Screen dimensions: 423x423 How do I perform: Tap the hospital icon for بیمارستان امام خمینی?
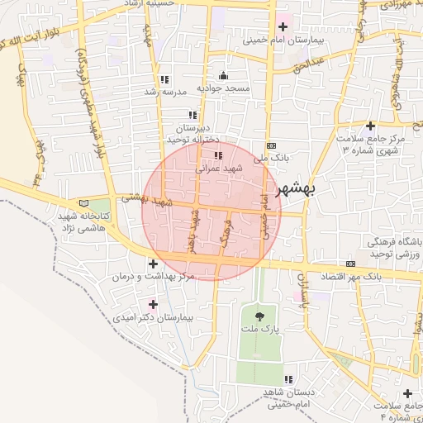tap(283, 26)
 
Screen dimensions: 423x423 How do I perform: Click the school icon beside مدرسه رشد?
tap(164, 79)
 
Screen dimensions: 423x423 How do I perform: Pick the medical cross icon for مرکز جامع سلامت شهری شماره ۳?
tap(370, 126)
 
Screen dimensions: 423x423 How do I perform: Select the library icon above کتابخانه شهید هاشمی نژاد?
tap(81, 203)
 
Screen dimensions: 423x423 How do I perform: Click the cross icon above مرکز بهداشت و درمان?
tap(154, 263)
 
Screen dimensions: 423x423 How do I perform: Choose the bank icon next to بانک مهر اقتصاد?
tap(350, 264)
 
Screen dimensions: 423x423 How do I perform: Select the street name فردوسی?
tap(225, 235)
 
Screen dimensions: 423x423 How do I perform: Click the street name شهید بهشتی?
tap(145, 198)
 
